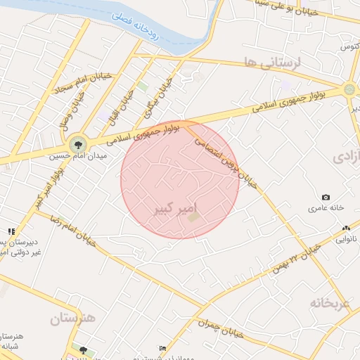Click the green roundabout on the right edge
pyautogui.click(x=349, y=89)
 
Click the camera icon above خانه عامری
pyautogui.click(x=326, y=198)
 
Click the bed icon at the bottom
pyautogui.click(x=163, y=348)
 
